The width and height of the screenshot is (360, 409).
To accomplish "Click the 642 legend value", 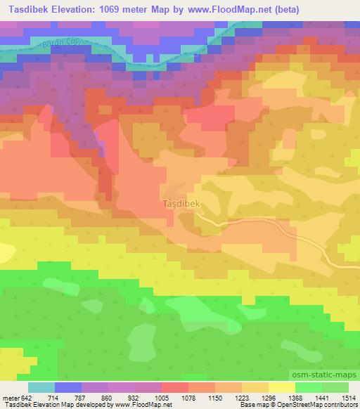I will click(x=27, y=397).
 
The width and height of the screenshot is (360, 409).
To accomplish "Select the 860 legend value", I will click(x=106, y=397).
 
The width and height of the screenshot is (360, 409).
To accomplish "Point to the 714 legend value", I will click(x=54, y=397).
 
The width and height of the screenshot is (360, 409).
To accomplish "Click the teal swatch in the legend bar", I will click(x=41, y=387).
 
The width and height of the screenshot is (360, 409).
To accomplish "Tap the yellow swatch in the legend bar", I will click(x=281, y=387).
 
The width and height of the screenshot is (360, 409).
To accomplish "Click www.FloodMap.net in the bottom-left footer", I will click(x=142, y=405).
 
